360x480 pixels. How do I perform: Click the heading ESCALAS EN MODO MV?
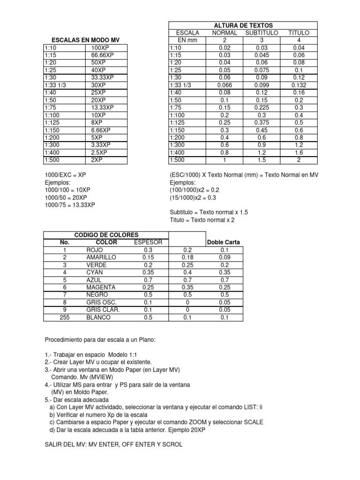coord(85,40)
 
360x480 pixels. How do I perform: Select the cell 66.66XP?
coord(103,55)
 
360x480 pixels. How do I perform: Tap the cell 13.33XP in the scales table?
coord(103,108)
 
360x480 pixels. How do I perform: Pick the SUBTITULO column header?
coord(262,33)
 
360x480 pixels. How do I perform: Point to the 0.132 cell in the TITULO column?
coord(298,85)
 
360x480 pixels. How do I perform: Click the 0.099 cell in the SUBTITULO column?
coord(262,85)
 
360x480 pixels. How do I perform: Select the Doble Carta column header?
coord(224,242)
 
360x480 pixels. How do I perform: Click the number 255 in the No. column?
coord(64,317)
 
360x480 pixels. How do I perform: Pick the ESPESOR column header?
coord(148,242)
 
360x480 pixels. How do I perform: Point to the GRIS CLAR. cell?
coord(103,310)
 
